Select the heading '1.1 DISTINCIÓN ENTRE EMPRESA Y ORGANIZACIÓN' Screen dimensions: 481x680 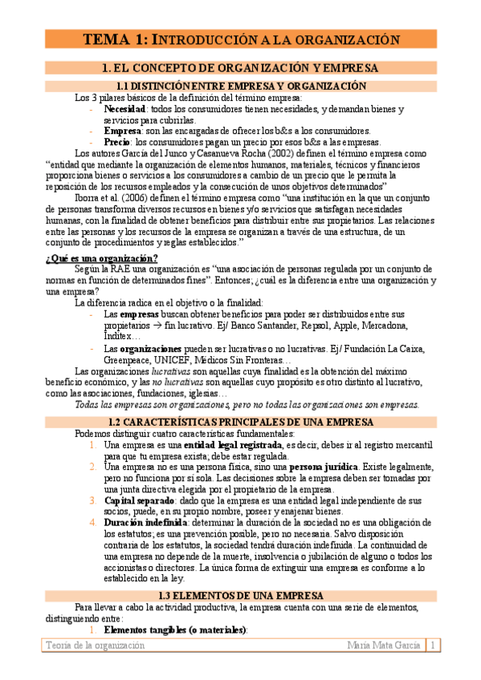(x=241, y=86)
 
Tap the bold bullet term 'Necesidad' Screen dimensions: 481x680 (x=124, y=109)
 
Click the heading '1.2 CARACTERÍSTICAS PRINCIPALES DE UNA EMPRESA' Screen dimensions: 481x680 (x=241, y=422)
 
